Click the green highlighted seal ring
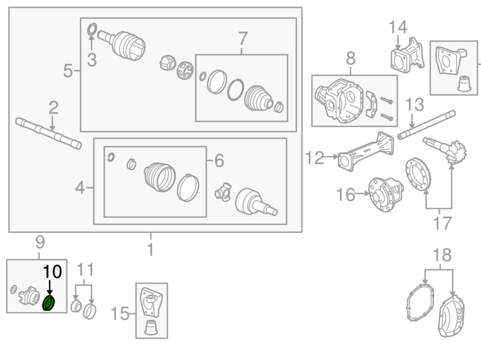coord(49,303)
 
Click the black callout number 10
coord(52,272)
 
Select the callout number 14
coord(398,27)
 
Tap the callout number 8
coord(351,58)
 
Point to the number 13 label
coord(415,105)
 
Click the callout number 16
coord(346,194)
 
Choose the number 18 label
coord(442,255)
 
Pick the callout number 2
coord(53,108)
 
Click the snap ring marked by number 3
coord(92,29)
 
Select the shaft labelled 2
coord(49,134)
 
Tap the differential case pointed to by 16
coord(386,194)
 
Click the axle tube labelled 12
coord(366,151)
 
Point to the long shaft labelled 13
coord(426,125)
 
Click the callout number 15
coord(120,313)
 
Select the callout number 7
coord(242,38)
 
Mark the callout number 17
coord(442,223)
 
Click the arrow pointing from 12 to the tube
coord(331,157)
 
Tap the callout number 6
coord(219,160)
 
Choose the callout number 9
coord(40,242)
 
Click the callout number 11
coord(85,270)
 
